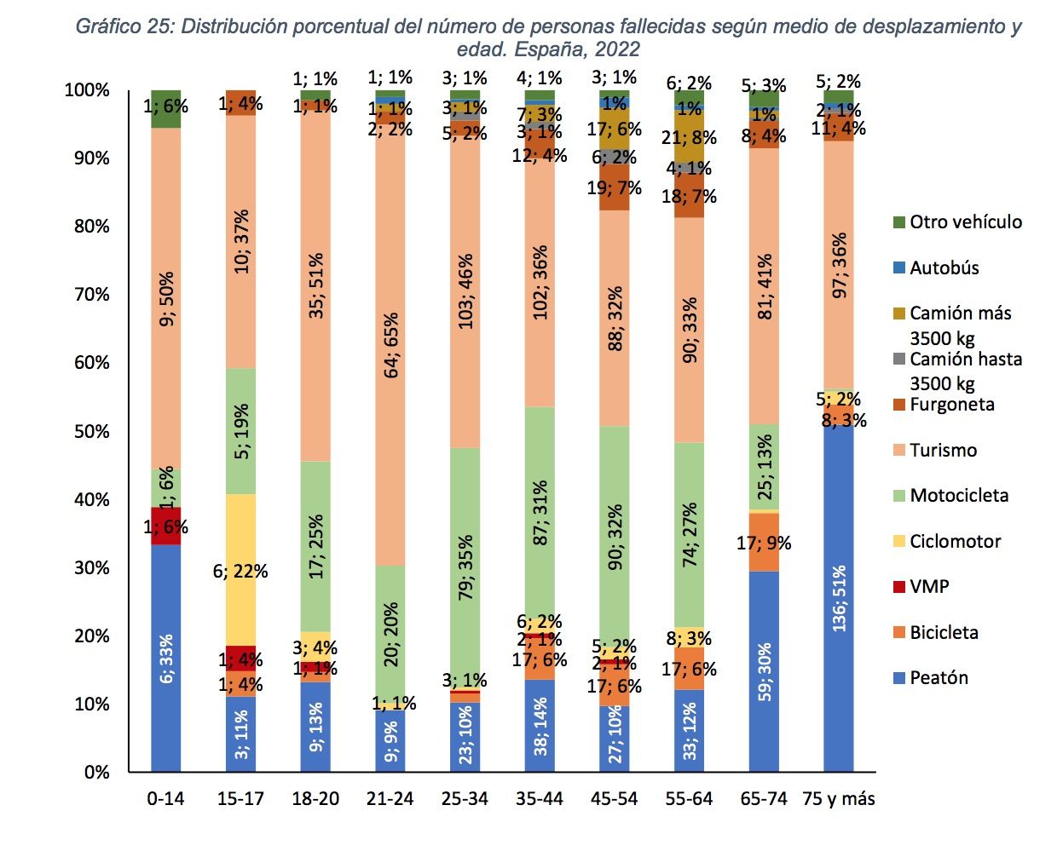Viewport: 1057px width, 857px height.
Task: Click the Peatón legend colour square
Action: pyautogui.click(x=898, y=678)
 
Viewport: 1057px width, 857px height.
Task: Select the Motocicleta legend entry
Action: pyautogui.click(x=958, y=496)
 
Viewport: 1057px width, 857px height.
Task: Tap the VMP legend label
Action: pyautogui.click(x=929, y=587)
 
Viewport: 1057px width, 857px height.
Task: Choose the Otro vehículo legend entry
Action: pyautogui.click(x=965, y=222)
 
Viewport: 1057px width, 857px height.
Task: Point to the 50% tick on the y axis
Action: pyautogui.click(x=91, y=431)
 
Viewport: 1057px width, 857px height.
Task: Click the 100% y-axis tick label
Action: pyautogui.click(x=87, y=90)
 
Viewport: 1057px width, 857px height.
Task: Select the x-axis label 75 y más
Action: pyautogui.click(x=839, y=799)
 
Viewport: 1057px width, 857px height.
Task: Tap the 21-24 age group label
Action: pyautogui.click(x=390, y=799)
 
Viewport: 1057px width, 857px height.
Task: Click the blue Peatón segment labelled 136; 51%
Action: pyautogui.click(x=839, y=599)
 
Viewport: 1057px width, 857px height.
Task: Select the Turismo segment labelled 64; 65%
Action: pyautogui.click(x=390, y=345)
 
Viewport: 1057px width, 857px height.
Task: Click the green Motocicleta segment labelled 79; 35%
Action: pyautogui.click(x=465, y=568)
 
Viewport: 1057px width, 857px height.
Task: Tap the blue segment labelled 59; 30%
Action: pyautogui.click(x=765, y=671)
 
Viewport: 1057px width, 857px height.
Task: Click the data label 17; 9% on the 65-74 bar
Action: pyautogui.click(x=764, y=543)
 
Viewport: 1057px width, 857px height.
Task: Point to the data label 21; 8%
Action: pyautogui.click(x=689, y=138)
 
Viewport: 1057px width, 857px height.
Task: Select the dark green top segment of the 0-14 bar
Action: pyautogui.click(x=166, y=108)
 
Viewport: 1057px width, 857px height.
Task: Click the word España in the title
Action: pyautogui.click(x=549, y=49)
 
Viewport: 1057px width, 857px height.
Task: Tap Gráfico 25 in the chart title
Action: pyautogui.click(x=124, y=26)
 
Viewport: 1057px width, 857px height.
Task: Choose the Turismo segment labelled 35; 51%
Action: pyautogui.click(x=315, y=285)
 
